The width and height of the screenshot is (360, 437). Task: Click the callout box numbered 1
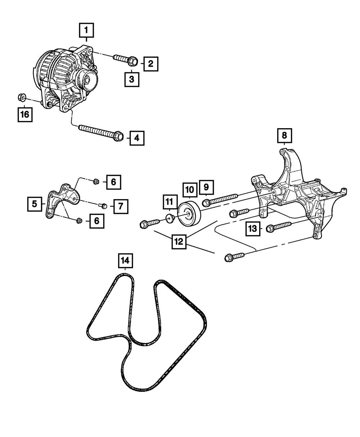pyautogui.click(x=86, y=31)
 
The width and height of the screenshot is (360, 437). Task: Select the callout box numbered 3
pyautogui.click(x=132, y=80)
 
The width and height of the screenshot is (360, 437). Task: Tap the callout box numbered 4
pyautogui.click(x=137, y=138)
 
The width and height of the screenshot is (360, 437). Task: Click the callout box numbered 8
pyautogui.click(x=284, y=136)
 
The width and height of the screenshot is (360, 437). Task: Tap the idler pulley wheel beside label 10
pyautogui.click(x=189, y=215)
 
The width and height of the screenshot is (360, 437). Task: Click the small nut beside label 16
pyautogui.click(x=21, y=97)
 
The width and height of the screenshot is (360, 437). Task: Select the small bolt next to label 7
pyautogui.click(x=103, y=206)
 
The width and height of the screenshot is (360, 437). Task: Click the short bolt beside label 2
pyautogui.click(x=125, y=59)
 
